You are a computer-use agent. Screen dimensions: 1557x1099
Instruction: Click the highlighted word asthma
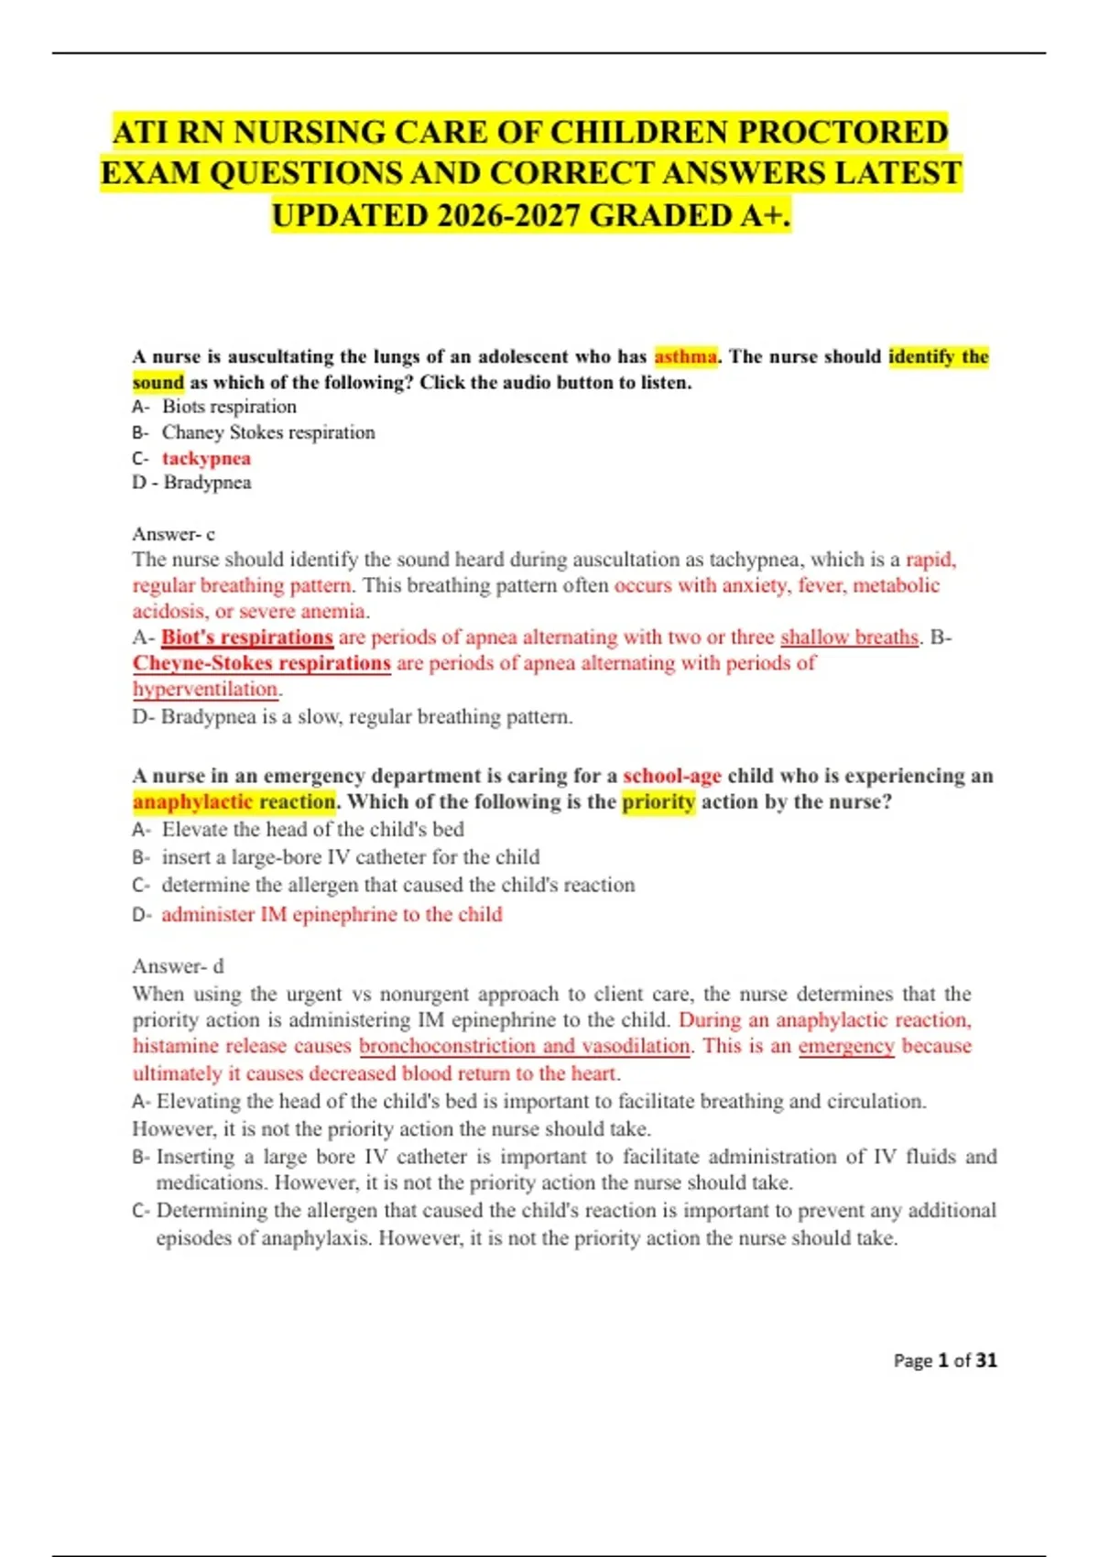(685, 356)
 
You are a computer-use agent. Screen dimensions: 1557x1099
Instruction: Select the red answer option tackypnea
(206, 458)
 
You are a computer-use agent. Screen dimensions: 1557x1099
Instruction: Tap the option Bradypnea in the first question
(207, 483)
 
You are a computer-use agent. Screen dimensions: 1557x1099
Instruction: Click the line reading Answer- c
(173, 534)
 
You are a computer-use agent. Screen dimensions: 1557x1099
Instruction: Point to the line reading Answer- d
(178, 966)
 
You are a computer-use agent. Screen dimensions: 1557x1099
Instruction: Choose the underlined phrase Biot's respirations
(247, 637)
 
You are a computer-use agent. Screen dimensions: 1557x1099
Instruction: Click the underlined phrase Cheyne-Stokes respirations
(262, 663)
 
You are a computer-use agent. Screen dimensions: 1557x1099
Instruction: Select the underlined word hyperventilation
(205, 689)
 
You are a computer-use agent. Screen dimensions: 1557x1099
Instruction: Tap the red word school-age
(672, 776)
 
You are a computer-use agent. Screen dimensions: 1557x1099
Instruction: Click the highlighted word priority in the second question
(658, 802)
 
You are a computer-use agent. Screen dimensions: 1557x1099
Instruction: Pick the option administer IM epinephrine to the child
(332, 914)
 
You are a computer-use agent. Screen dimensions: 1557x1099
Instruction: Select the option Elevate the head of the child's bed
(312, 830)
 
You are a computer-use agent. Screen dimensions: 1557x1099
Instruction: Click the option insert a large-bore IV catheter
(351, 857)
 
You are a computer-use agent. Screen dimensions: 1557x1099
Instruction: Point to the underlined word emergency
(846, 1046)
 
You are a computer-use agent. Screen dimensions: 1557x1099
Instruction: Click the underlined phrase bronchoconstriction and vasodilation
(525, 1046)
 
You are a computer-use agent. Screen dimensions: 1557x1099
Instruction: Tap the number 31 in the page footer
(986, 1361)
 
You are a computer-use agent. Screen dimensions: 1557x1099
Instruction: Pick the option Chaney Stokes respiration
(268, 432)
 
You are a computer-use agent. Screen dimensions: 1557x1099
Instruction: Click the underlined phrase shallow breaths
(849, 637)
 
